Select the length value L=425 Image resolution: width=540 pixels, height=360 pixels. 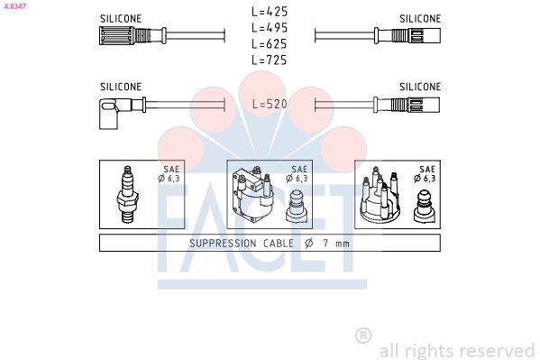[x=269, y=13]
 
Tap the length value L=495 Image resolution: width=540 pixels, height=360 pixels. [x=269, y=28]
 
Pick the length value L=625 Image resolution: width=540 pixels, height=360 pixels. [x=269, y=43]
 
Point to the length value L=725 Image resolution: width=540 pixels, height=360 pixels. [x=269, y=60]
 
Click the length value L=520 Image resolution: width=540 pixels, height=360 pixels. [x=269, y=104]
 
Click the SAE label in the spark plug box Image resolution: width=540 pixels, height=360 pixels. [x=171, y=169]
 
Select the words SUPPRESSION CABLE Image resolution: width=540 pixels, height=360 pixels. [x=241, y=244]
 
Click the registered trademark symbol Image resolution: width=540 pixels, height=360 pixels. [x=363, y=336]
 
